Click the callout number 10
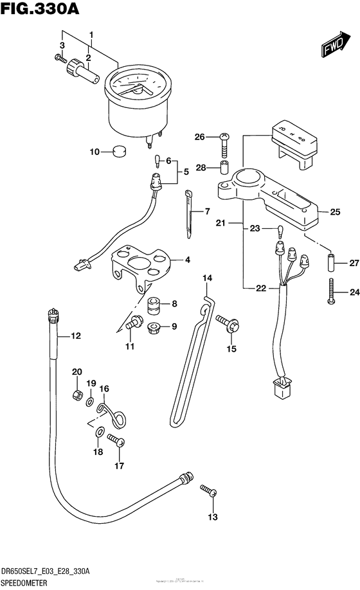tap(94, 152)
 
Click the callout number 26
tap(199, 137)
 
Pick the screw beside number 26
tap(224, 142)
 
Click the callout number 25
tap(335, 211)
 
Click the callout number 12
tap(76, 335)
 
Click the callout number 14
tap(207, 278)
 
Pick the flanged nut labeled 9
tap(154, 327)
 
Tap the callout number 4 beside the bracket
tap(188, 260)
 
